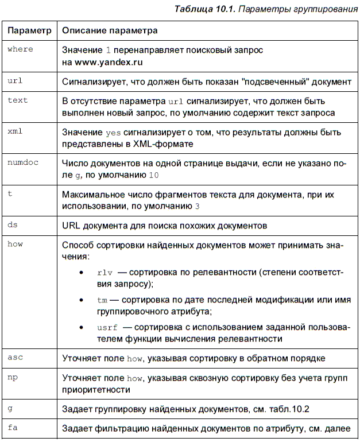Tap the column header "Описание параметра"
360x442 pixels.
(x=110, y=29)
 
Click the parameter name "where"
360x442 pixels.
(x=21, y=49)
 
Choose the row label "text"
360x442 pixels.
(x=18, y=100)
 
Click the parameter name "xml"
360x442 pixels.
(x=16, y=131)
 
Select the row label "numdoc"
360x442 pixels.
(x=23, y=163)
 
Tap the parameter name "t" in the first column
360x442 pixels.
(x=10, y=194)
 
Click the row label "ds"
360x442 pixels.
(x=13, y=224)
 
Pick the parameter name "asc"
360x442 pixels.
(x=15, y=357)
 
